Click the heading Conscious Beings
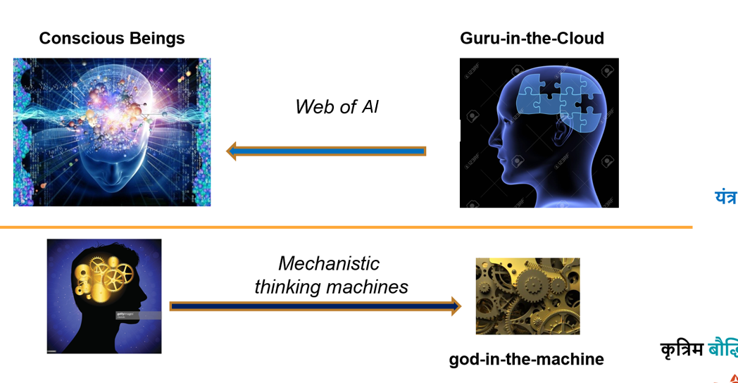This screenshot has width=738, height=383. (x=112, y=38)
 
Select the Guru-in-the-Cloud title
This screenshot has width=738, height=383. (x=532, y=38)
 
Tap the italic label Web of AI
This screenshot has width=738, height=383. (x=337, y=106)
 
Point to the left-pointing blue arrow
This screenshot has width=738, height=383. (x=327, y=151)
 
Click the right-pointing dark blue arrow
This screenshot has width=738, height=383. (x=315, y=306)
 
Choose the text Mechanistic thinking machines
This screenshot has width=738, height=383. (x=330, y=275)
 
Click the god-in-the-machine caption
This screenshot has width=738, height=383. (x=526, y=359)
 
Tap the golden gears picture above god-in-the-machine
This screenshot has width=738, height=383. (x=527, y=296)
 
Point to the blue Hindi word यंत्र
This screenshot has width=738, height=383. (x=725, y=197)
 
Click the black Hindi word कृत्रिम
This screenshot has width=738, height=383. (x=682, y=349)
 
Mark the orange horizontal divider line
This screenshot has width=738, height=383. (x=345, y=227)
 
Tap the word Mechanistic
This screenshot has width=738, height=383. (x=329, y=263)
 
